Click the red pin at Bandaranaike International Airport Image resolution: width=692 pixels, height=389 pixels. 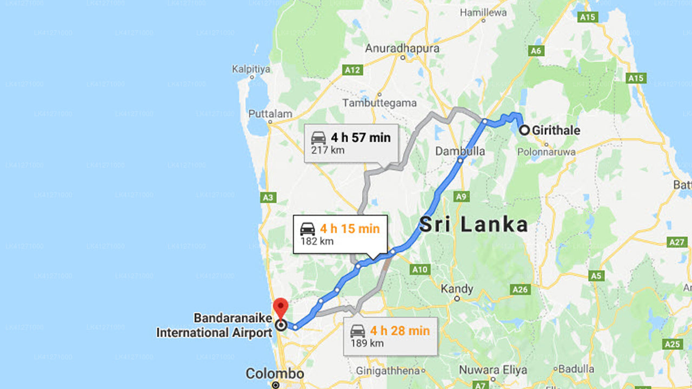click(x=281, y=307)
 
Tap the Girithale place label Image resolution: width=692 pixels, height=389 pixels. click(x=556, y=130)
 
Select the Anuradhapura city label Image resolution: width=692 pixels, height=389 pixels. click(x=402, y=48)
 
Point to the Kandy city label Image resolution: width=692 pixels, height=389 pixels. click(x=457, y=289)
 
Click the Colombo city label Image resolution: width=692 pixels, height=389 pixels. click(x=275, y=374)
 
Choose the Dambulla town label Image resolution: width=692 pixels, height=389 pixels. click(x=460, y=152)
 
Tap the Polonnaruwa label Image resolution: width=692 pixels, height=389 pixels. click(x=546, y=152)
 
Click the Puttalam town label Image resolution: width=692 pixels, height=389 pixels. click(x=270, y=114)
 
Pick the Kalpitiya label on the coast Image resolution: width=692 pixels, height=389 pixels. click(x=251, y=69)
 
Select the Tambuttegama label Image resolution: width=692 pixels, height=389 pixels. click(x=380, y=103)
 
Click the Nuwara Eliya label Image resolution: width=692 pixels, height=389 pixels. click(x=493, y=370)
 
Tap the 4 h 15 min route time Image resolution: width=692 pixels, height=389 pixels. click(x=349, y=229)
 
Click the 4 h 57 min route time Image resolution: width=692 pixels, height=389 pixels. click(x=361, y=137)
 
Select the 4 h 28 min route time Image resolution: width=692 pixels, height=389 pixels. click(x=400, y=331)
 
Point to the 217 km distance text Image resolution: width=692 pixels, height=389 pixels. click(x=327, y=150)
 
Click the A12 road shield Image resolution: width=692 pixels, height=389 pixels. click(x=352, y=70)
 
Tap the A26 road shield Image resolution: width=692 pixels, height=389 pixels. click(x=520, y=290)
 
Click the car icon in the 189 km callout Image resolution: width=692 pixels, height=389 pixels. click(x=357, y=331)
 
